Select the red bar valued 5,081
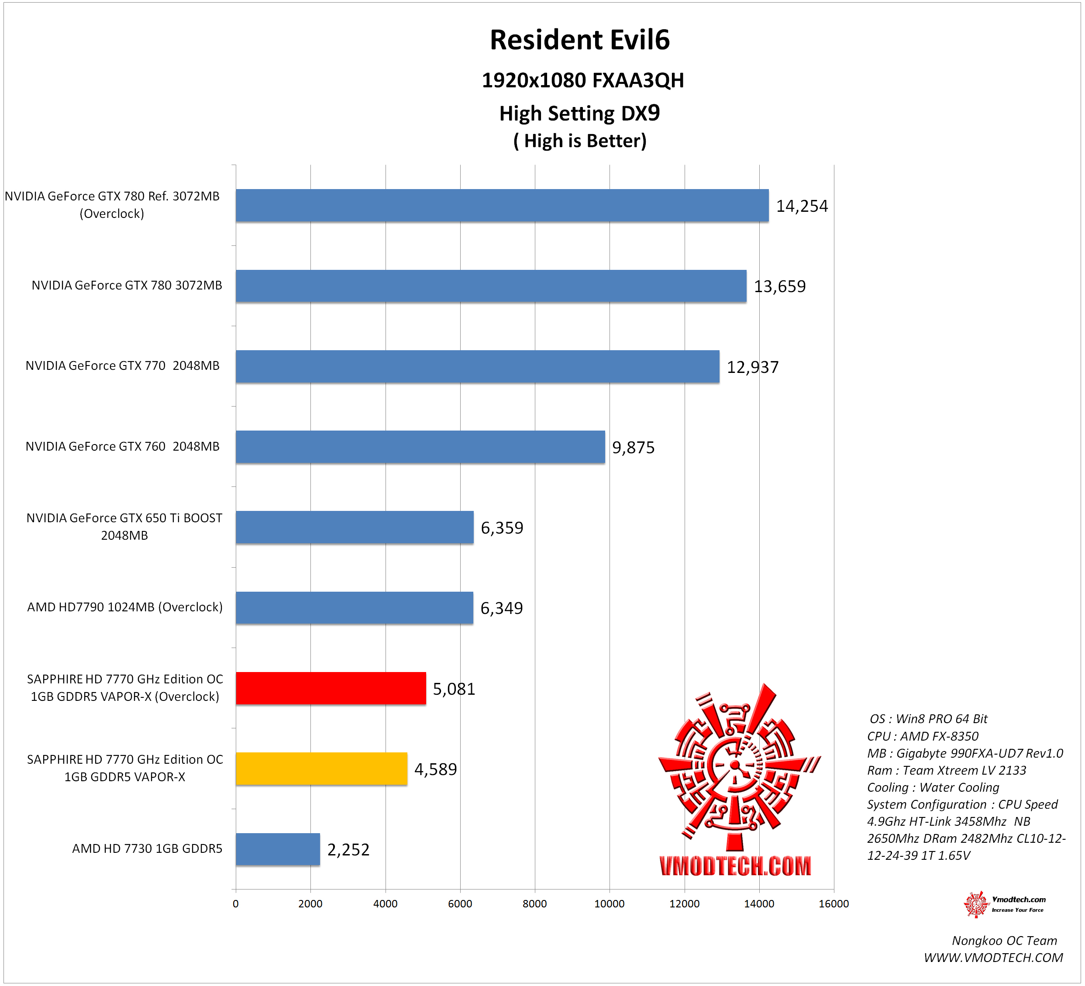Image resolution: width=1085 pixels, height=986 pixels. pyautogui.click(x=331, y=688)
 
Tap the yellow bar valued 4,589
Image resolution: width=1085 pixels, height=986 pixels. pyautogui.click(x=321, y=769)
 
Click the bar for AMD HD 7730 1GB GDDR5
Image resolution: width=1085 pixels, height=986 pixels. pyautogui.click(x=278, y=849)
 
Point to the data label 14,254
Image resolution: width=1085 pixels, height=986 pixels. pyautogui.click(x=801, y=206)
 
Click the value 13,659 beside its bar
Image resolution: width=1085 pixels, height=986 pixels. pyautogui.click(x=779, y=286)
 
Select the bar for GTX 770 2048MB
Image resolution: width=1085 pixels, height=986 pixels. pyautogui.click(x=477, y=366)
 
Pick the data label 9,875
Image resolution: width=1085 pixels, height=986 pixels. pyautogui.click(x=633, y=447)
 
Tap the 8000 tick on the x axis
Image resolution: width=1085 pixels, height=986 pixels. pyautogui.click(x=534, y=903)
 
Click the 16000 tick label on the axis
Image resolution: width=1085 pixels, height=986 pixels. pyautogui.click(x=833, y=903)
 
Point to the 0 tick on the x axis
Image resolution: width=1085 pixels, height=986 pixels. pyautogui.click(x=236, y=903)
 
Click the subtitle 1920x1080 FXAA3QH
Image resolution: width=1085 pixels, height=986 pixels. pyautogui.click(x=582, y=80)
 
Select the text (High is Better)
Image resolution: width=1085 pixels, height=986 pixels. pyautogui.click(x=580, y=141)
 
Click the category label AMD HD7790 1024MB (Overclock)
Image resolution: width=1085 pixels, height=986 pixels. pyautogui.click(x=125, y=607)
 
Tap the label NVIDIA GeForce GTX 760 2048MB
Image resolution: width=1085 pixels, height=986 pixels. pyautogui.click(x=123, y=446)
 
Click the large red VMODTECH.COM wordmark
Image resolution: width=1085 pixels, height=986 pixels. pyautogui.click(x=735, y=865)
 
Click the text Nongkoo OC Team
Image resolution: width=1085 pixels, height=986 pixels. pyautogui.click(x=1004, y=940)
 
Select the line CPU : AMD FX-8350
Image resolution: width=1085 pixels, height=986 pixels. pyautogui.click(x=923, y=736)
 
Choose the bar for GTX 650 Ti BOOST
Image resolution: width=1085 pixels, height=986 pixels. pyautogui.click(x=355, y=527)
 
